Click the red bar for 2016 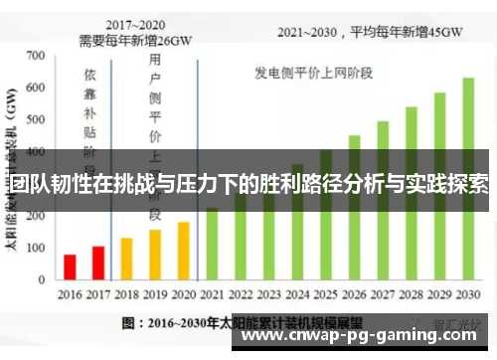70,267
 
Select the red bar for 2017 97,263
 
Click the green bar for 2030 468,179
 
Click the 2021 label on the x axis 212,294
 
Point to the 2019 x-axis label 155,294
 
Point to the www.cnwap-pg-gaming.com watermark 362,337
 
